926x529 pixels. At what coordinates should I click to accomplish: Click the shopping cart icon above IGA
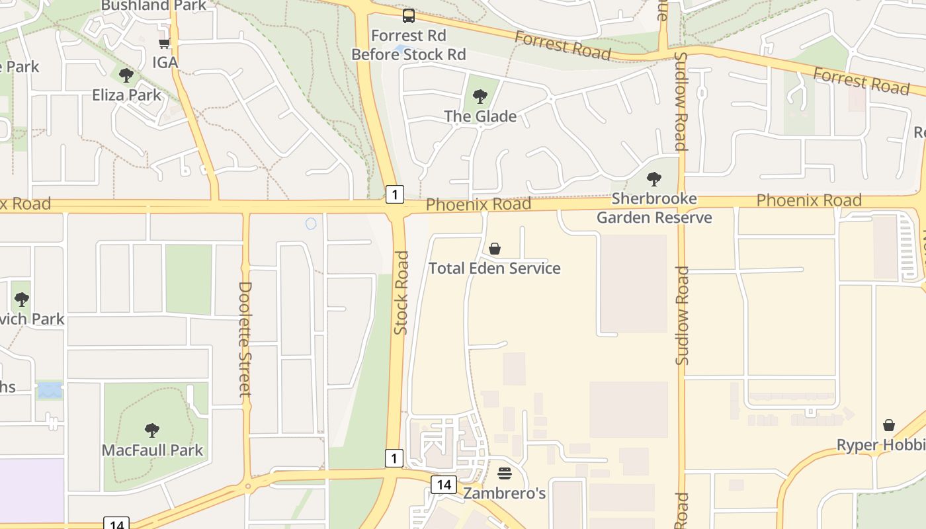pos(164,43)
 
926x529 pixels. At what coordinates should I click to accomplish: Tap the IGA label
pos(165,62)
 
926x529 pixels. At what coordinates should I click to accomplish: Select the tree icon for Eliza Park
pos(126,75)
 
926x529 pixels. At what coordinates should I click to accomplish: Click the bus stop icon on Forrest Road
pos(409,16)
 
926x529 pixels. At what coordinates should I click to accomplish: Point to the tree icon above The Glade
pos(480,97)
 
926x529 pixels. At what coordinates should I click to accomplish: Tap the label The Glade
pos(480,116)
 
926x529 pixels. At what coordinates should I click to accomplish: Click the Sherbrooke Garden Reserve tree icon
pos(654,179)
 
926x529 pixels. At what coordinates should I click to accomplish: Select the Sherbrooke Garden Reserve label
pos(654,208)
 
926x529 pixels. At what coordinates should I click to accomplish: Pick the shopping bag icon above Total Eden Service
pos(494,249)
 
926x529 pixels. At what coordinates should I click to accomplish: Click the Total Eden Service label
pos(494,268)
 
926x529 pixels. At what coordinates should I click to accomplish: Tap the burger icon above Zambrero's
pos(504,473)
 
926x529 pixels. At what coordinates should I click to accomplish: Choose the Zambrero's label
pos(504,493)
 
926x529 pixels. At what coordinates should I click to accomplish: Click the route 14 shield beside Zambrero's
pos(443,485)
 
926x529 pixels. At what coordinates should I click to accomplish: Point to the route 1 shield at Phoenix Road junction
pos(394,194)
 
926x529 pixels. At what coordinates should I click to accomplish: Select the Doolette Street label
pos(245,339)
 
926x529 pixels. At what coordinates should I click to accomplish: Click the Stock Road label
pos(401,292)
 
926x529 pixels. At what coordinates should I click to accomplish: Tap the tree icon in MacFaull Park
pos(152,430)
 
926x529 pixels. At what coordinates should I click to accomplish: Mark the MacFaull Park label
pos(152,450)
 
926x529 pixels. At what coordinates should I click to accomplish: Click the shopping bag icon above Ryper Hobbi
pos(889,425)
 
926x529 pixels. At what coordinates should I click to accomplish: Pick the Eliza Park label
pos(126,95)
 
